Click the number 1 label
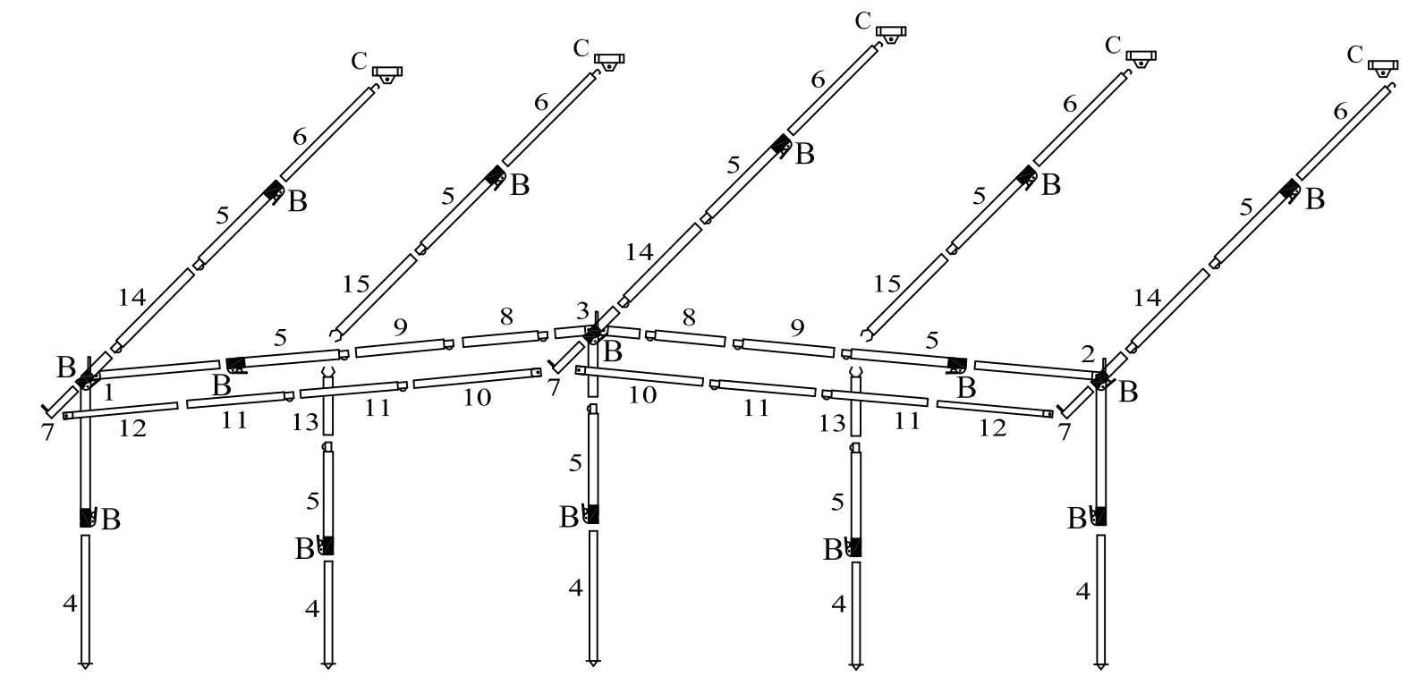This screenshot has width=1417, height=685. (x=108, y=392)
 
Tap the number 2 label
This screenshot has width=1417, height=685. (x=1088, y=354)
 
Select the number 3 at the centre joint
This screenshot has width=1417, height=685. (x=582, y=312)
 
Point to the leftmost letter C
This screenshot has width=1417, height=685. (x=359, y=61)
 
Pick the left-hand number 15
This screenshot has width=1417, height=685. (x=356, y=284)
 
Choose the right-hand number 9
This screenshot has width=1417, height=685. (x=797, y=326)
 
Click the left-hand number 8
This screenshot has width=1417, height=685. (x=507, y=316)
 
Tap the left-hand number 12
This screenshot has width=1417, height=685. (x=132, y=428)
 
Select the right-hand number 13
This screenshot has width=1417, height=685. (x=832, y=422)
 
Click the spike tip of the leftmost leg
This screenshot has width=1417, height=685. (x=85, y=665)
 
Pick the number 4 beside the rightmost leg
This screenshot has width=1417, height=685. (x=1082, y=591)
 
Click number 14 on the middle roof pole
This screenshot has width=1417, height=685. (x=640, y=252)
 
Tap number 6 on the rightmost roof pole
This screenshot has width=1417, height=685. (x=1340, y=112)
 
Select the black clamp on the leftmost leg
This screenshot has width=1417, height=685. (x=87, y=517)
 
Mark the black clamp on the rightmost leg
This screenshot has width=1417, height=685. (x=1099, y=516)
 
